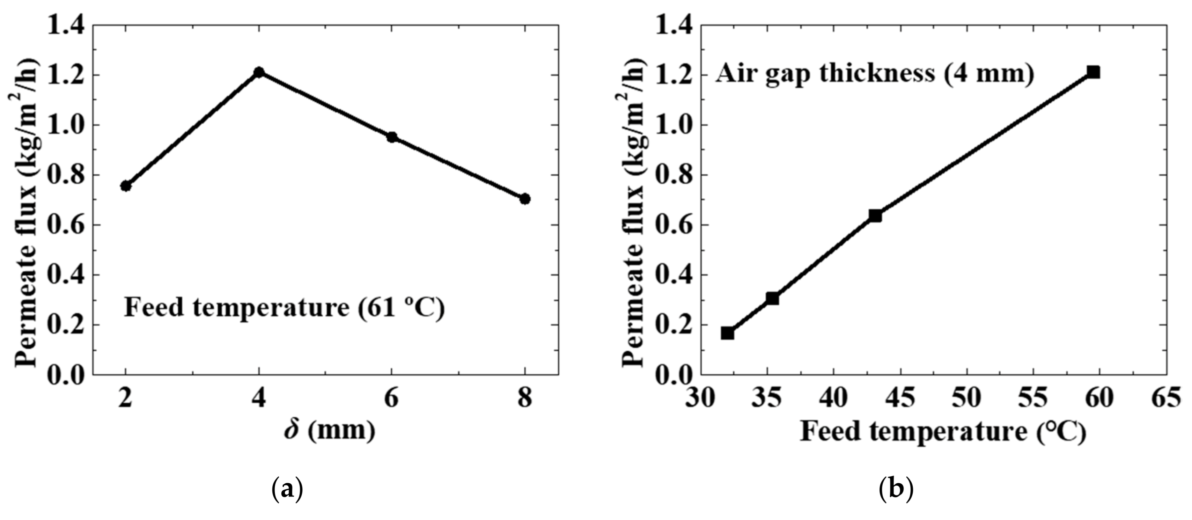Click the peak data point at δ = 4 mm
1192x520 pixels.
pos(259,72)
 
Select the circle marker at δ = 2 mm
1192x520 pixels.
pos(125,185)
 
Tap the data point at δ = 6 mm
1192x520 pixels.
pos(392,137)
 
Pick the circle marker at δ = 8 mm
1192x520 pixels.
pos(525,199)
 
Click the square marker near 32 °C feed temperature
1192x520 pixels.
pos(727,333)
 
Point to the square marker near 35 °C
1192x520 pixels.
pos(772,298)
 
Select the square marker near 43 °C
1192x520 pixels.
pos(875,215)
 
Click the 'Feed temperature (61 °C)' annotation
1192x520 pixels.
pos(284,307)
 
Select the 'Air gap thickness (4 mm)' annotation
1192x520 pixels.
pos(875,74)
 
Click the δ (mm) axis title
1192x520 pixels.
pos(330,430)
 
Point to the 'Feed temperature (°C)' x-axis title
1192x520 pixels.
pos(943,431)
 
